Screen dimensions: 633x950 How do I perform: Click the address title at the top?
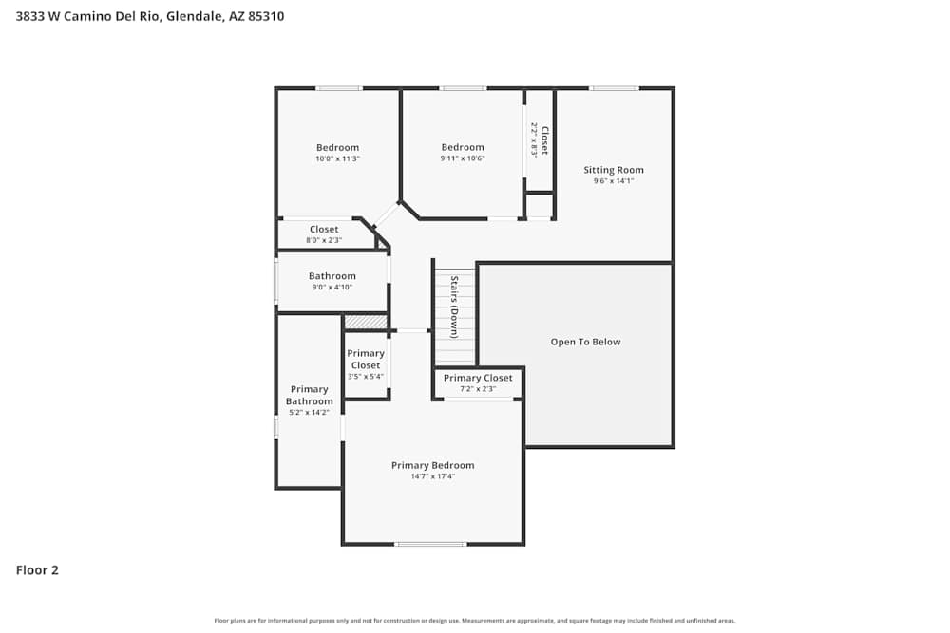pyautogui.click(x=149, y=16)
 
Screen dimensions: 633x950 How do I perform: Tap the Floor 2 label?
pyautogui.click(x=37, y=570)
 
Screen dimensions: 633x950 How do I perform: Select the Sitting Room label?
pyautogui.click(x=613, y=170)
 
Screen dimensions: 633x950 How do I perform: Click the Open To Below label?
pyautogui.click(x=585, y=342)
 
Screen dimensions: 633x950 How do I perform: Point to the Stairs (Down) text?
pyautogui.click(x=455, y=307)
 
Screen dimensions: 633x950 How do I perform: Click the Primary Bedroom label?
pyautogui.click(x=432, y=465)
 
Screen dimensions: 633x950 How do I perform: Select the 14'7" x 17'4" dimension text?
pyautogui.click(x=432, y=476)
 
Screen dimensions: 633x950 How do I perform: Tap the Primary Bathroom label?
pyautogui.click(x=309, y=395)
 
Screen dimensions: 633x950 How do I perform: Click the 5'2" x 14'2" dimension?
pyautogui.click(x=309, y=412)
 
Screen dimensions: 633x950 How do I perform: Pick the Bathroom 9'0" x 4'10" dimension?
pyautogui.click(x=332, y=288)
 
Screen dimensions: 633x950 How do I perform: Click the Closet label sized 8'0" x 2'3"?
pyautogui.click(x=324, y=229)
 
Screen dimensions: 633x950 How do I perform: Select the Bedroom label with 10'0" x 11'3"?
pyautogui.click(x=337, y=147)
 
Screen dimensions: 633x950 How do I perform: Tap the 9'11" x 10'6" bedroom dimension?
pyautogui.click(x=463, y=158)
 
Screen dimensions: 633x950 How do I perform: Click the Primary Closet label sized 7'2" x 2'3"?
pyautogui.click(x=478, y=378)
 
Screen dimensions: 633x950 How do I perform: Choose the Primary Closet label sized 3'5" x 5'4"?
pyautogui.click(x=366, y=359)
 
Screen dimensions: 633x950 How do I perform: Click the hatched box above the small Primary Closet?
pyautogui.click(x=366, y=323)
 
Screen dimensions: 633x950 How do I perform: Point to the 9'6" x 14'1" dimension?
pyautogui.click(x=613, y=181)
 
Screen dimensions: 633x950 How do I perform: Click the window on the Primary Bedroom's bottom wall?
pyautogui.click(x=430, y=544)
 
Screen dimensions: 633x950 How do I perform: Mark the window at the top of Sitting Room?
pyautogui.click(x=613, y=88)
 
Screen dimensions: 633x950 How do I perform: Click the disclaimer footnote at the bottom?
pyautogui.click(x=475, y=621)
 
